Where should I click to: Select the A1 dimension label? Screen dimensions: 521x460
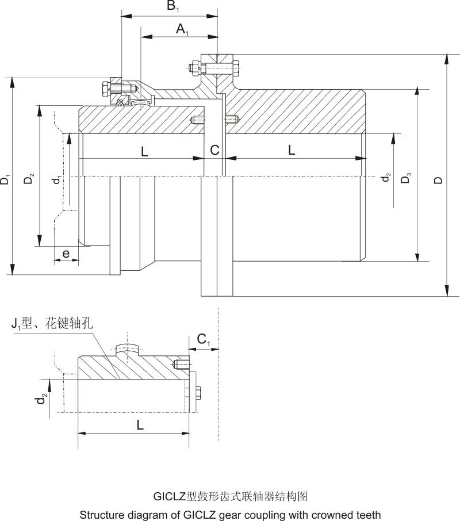[182, 29]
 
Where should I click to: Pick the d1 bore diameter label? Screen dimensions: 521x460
[56, 180]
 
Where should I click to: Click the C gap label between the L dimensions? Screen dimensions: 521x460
[214, 151]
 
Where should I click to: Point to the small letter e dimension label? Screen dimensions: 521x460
[66, 253]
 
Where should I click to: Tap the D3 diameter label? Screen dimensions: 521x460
[407, 178]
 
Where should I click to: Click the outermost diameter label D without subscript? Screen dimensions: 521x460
[439, 180]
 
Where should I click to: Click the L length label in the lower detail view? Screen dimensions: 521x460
[141, 426]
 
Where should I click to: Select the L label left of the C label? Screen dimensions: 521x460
[144, 151]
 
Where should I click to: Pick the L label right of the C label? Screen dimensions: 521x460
[292, 150]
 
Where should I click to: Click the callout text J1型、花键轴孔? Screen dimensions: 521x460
[52, 323]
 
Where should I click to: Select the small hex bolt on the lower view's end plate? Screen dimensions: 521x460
[195, 394]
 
